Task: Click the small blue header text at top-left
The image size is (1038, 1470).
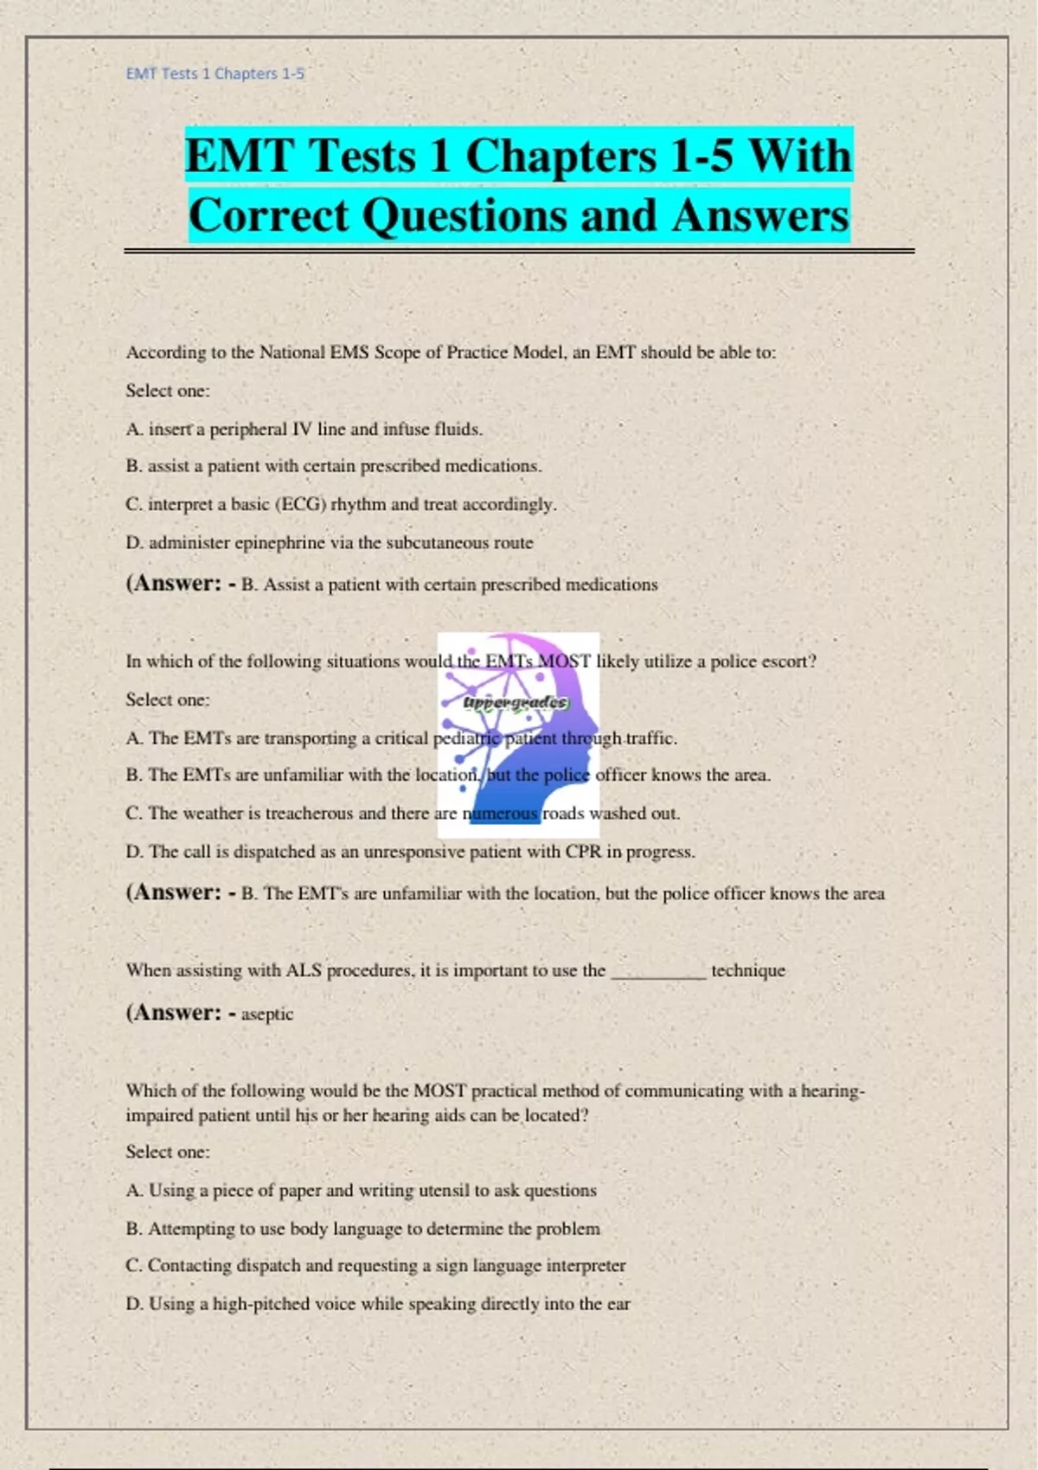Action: (215, 74)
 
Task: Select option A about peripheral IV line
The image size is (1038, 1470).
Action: (304, 429)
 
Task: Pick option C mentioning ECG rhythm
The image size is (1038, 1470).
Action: (341, 504)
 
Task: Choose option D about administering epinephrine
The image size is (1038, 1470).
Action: (329, 543)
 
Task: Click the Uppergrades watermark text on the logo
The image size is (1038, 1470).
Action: (516, 702)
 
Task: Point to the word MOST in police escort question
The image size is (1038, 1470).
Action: (564, 661)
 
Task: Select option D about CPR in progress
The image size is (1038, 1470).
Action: (410, 852)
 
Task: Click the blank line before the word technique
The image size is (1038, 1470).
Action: (658, 972)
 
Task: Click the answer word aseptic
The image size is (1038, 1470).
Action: (267, 1014)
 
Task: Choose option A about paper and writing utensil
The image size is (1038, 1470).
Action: (361, 1191)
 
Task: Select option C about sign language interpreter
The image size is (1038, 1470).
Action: (375, 1266)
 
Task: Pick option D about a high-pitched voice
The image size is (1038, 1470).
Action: (378, 1304)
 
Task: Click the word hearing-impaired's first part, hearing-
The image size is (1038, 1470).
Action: (832, 1091)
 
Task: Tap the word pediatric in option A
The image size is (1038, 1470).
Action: (465, 738)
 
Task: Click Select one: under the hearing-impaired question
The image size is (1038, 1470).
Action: (168, 1152)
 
